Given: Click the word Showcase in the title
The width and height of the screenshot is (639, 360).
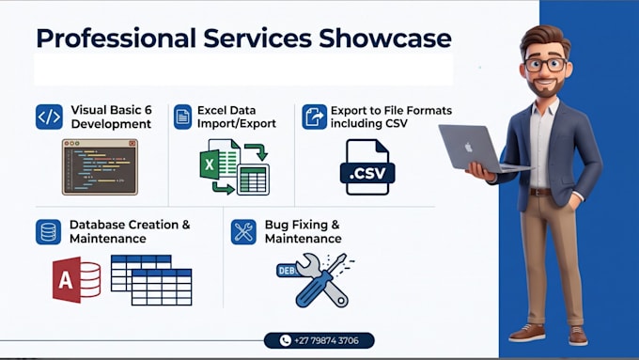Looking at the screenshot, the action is pos(384,39).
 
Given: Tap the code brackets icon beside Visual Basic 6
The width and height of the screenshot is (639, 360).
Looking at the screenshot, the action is pos(49,117).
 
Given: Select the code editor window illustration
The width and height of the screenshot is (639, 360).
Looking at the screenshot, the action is pos(100,166).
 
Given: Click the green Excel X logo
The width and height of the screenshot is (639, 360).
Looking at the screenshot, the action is pos(210,164).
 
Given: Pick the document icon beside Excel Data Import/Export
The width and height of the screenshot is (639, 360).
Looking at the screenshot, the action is pos(182,117).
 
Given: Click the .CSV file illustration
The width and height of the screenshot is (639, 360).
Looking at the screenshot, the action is pos(367,167).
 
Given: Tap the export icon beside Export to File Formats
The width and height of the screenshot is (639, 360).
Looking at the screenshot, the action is pos(314,117).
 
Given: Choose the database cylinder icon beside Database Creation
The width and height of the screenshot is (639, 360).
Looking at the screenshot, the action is pos(49,232).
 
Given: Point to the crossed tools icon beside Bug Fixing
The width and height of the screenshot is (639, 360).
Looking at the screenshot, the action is pos(243,232).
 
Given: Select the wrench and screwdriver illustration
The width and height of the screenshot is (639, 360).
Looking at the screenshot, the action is pos(316,280).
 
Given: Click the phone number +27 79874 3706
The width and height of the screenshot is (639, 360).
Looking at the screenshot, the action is pos(326,340).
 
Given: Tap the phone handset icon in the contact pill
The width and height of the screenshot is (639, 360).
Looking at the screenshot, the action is pos(286,340).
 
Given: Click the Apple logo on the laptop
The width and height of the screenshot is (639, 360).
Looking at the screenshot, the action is pos(469,147).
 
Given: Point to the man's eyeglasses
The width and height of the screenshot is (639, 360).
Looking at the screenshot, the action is pos(546,65).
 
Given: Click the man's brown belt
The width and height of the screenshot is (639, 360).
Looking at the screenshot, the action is pos(540,192).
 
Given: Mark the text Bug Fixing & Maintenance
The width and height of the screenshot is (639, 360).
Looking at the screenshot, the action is pos(304,231).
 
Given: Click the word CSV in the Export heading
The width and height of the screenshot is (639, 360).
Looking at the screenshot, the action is pos(395,123).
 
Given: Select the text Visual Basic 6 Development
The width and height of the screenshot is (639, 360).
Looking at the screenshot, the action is pos(111,117).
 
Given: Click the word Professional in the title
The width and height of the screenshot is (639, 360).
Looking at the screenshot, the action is pos(117,39).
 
